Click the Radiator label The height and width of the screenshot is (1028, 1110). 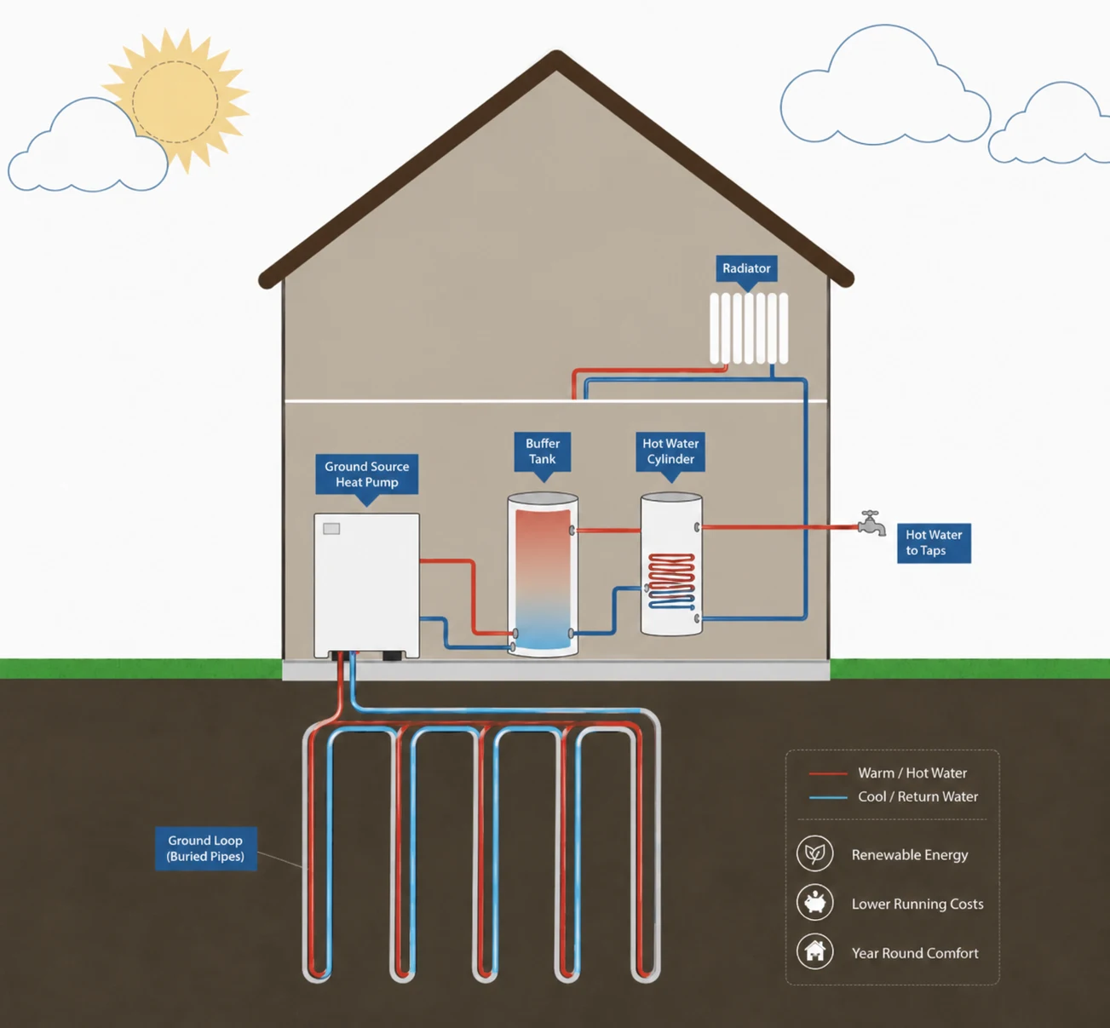click(x=746, y=268)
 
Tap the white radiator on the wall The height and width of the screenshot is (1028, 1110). click(x=749, y=328)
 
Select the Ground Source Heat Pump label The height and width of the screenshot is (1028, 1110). click(x=366, y=474)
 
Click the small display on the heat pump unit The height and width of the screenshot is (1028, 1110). click(x=331, y=528)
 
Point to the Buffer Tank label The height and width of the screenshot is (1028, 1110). click(x=542, y=451)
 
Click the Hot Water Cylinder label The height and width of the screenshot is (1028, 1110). click(x=670, y=451)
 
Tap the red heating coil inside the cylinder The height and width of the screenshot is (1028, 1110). click(x=671, y=581)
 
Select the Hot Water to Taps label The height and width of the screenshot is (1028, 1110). click(x=934, y=543)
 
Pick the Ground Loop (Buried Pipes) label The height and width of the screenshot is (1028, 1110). click(x=205, y=848)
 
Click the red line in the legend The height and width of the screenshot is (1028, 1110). click(x=828, y=773)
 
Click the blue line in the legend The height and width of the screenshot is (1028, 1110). click(x=828, y=797)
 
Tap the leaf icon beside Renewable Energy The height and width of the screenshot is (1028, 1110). click(x=815, y=853)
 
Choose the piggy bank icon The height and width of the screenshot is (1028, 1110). click(x=815, y=903)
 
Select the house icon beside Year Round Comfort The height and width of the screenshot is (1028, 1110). click(x=815, y=951)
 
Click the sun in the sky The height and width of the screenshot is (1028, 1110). click(x=175, y=101)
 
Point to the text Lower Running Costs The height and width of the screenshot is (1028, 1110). click(x=917, y=904)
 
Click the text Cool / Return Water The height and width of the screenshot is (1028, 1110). click(x=917, y=796)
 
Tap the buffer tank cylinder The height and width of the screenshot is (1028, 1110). click(x=542, y=574)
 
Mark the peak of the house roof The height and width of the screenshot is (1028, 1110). click(x=556, y=53)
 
